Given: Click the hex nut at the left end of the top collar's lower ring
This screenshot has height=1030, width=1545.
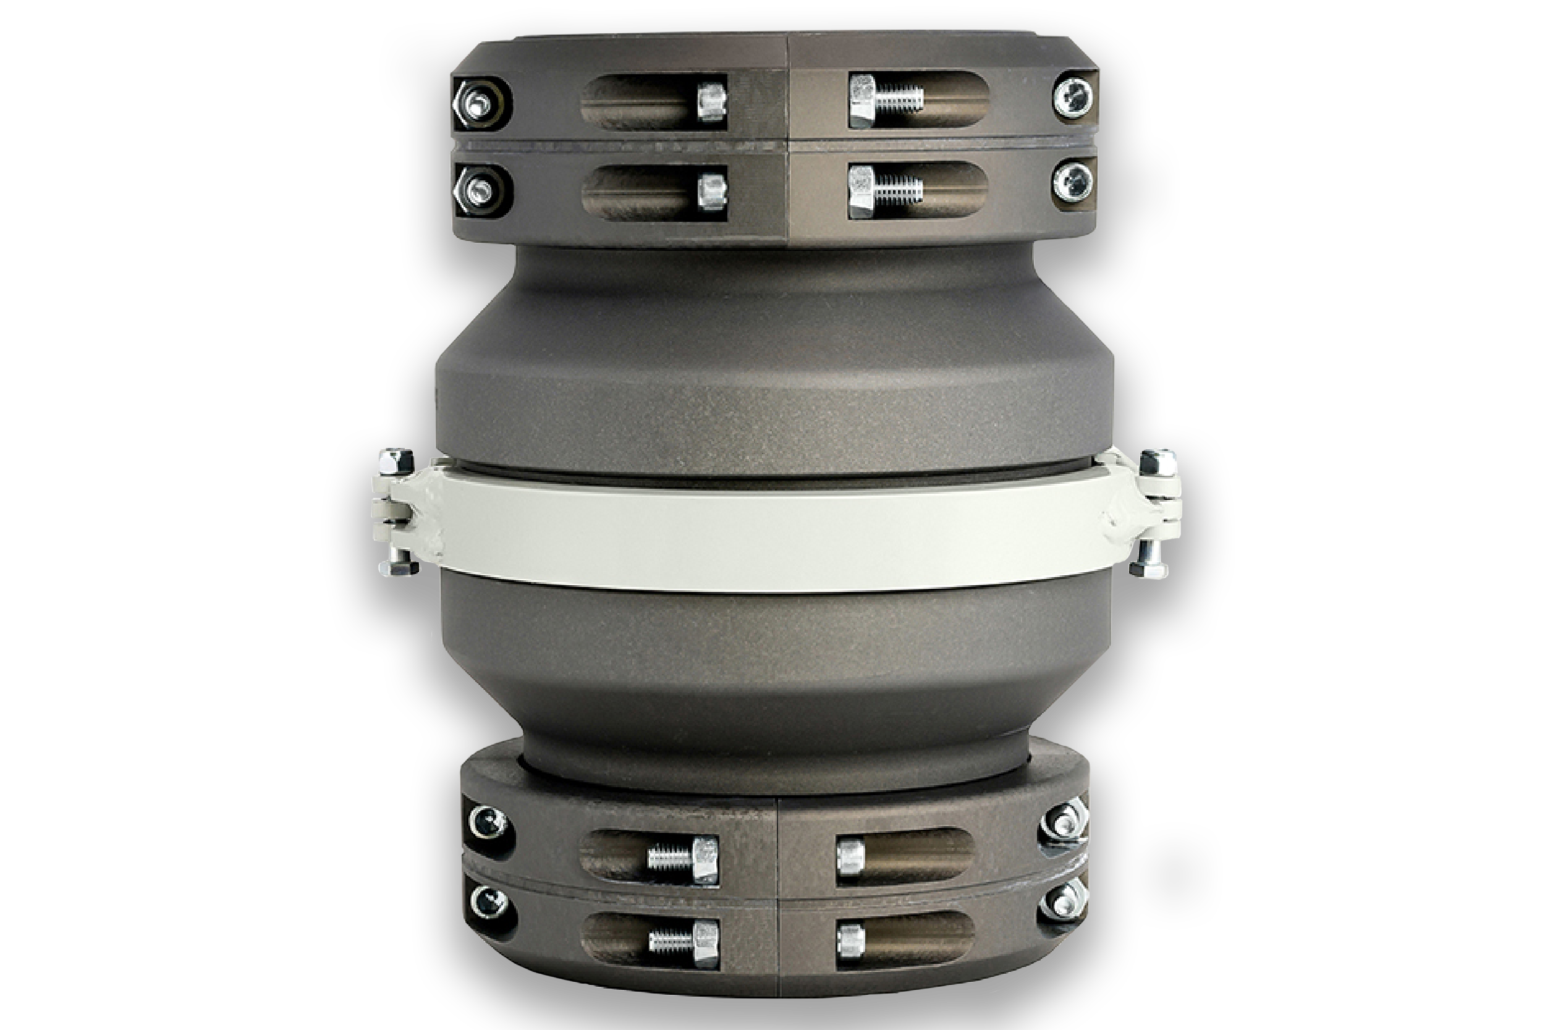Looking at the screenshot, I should point(477,190).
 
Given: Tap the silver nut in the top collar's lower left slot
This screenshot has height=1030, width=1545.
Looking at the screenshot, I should point(711,190).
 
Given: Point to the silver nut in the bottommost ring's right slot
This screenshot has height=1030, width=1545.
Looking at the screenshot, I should point(850,939).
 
